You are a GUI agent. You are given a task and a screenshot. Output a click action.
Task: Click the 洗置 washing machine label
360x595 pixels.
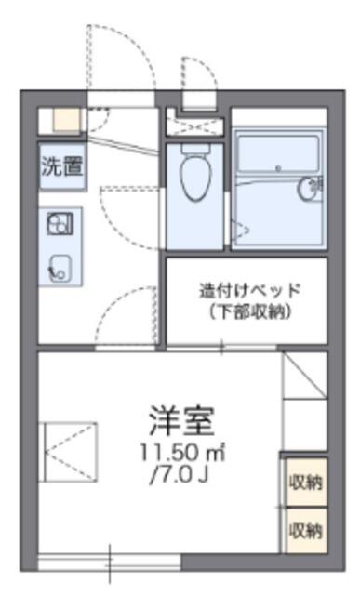coord(62,166)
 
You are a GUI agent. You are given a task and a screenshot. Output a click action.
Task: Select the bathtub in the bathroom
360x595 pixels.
coord(279,152)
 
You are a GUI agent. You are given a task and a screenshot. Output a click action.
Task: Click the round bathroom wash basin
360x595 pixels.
coord(309,188)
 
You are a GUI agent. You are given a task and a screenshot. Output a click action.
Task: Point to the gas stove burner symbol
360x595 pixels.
coord(60,224)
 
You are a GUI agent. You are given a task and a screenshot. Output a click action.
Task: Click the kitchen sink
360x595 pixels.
coord(60,268)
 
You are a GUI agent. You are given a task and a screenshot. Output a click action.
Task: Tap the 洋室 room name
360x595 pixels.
coord(182,420)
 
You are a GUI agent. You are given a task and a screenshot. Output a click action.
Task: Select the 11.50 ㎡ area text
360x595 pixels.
coord(182,453)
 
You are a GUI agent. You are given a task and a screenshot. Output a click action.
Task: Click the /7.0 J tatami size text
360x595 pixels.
coord(180,474)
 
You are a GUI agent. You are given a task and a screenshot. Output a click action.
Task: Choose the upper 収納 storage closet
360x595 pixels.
coord(306,482)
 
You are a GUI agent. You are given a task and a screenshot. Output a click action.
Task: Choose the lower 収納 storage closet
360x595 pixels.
coord(306,531)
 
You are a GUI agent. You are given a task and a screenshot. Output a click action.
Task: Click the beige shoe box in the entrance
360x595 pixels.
coord(66,120)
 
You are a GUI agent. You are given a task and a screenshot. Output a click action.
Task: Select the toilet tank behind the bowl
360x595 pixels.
coord(196,148)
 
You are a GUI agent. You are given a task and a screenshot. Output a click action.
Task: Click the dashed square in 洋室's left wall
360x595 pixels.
coord(68,452)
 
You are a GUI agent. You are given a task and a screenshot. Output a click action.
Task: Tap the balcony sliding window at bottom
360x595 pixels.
coord(110,562)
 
